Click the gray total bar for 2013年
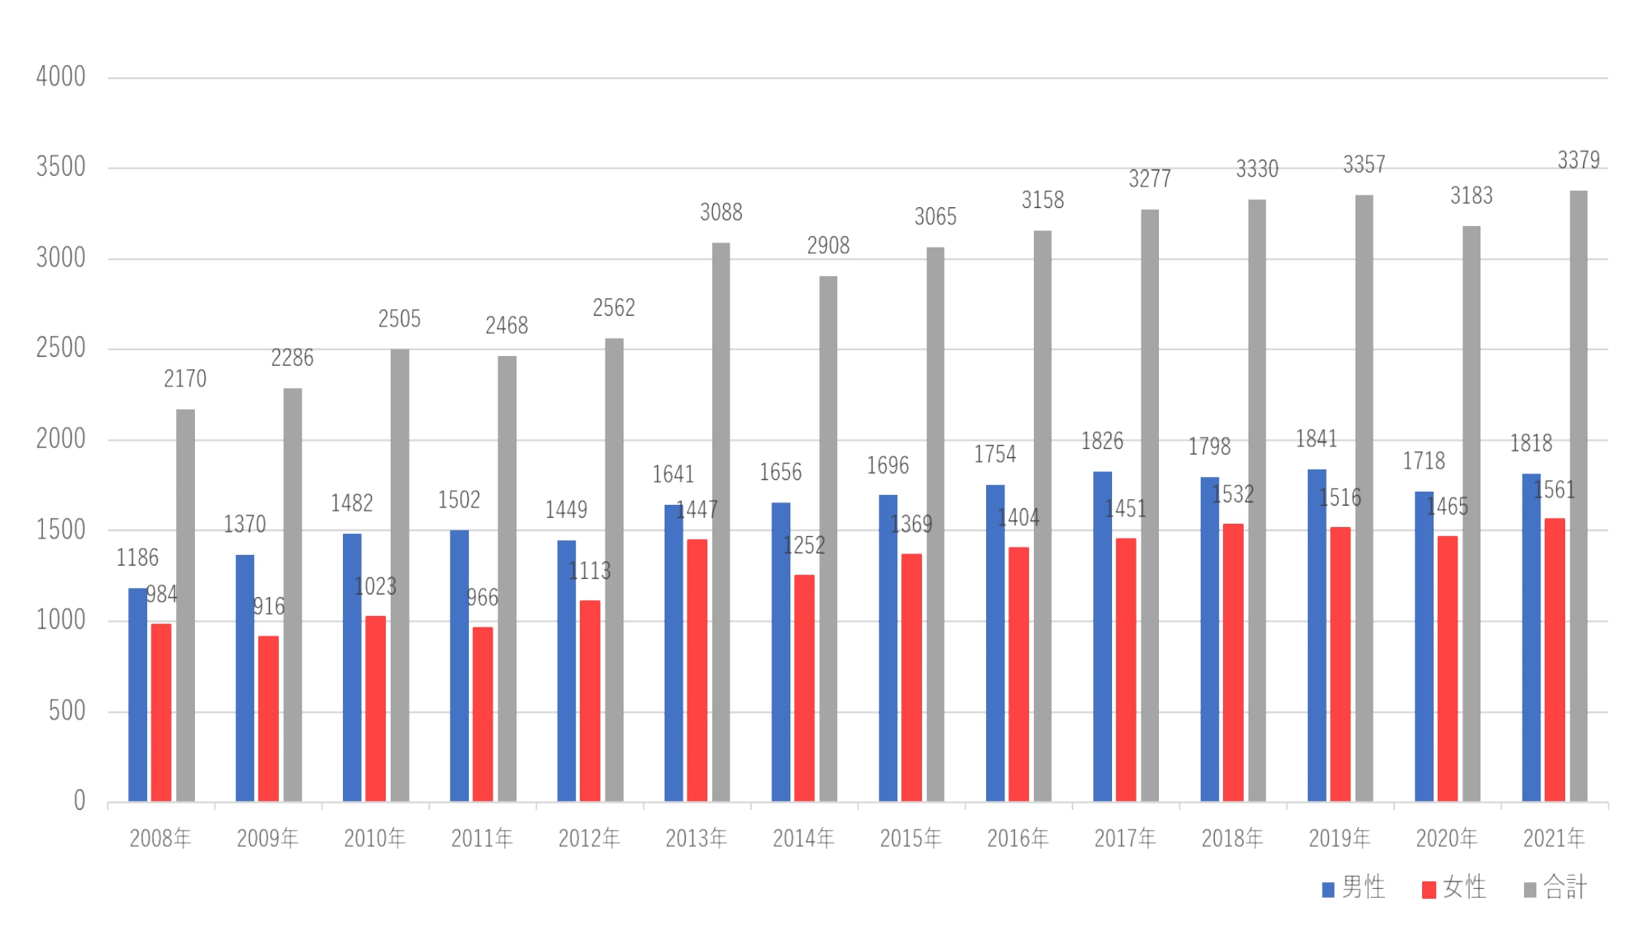(x=721, y=522)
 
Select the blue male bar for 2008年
(x=137, y=695)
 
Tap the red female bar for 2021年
(x=1555, y=660)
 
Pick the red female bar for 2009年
(x=268, y=719)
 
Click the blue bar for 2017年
(x=1102, y=636)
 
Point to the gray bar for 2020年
(x=1471, y=514)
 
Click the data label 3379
(x=1578, y=160)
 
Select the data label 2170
(x=185, y=379)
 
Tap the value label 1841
(x=1316, y=439)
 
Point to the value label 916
(x=269, y=607)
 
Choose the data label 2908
(x=827, y=246)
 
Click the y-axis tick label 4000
(x=61, y=77)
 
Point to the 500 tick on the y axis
(x=67, y=711)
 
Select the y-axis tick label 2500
(x=61, y=349)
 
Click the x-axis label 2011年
(x=482, y=839)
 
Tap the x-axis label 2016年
(x=1017, y=839)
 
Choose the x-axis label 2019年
(x=1339, y=839)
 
